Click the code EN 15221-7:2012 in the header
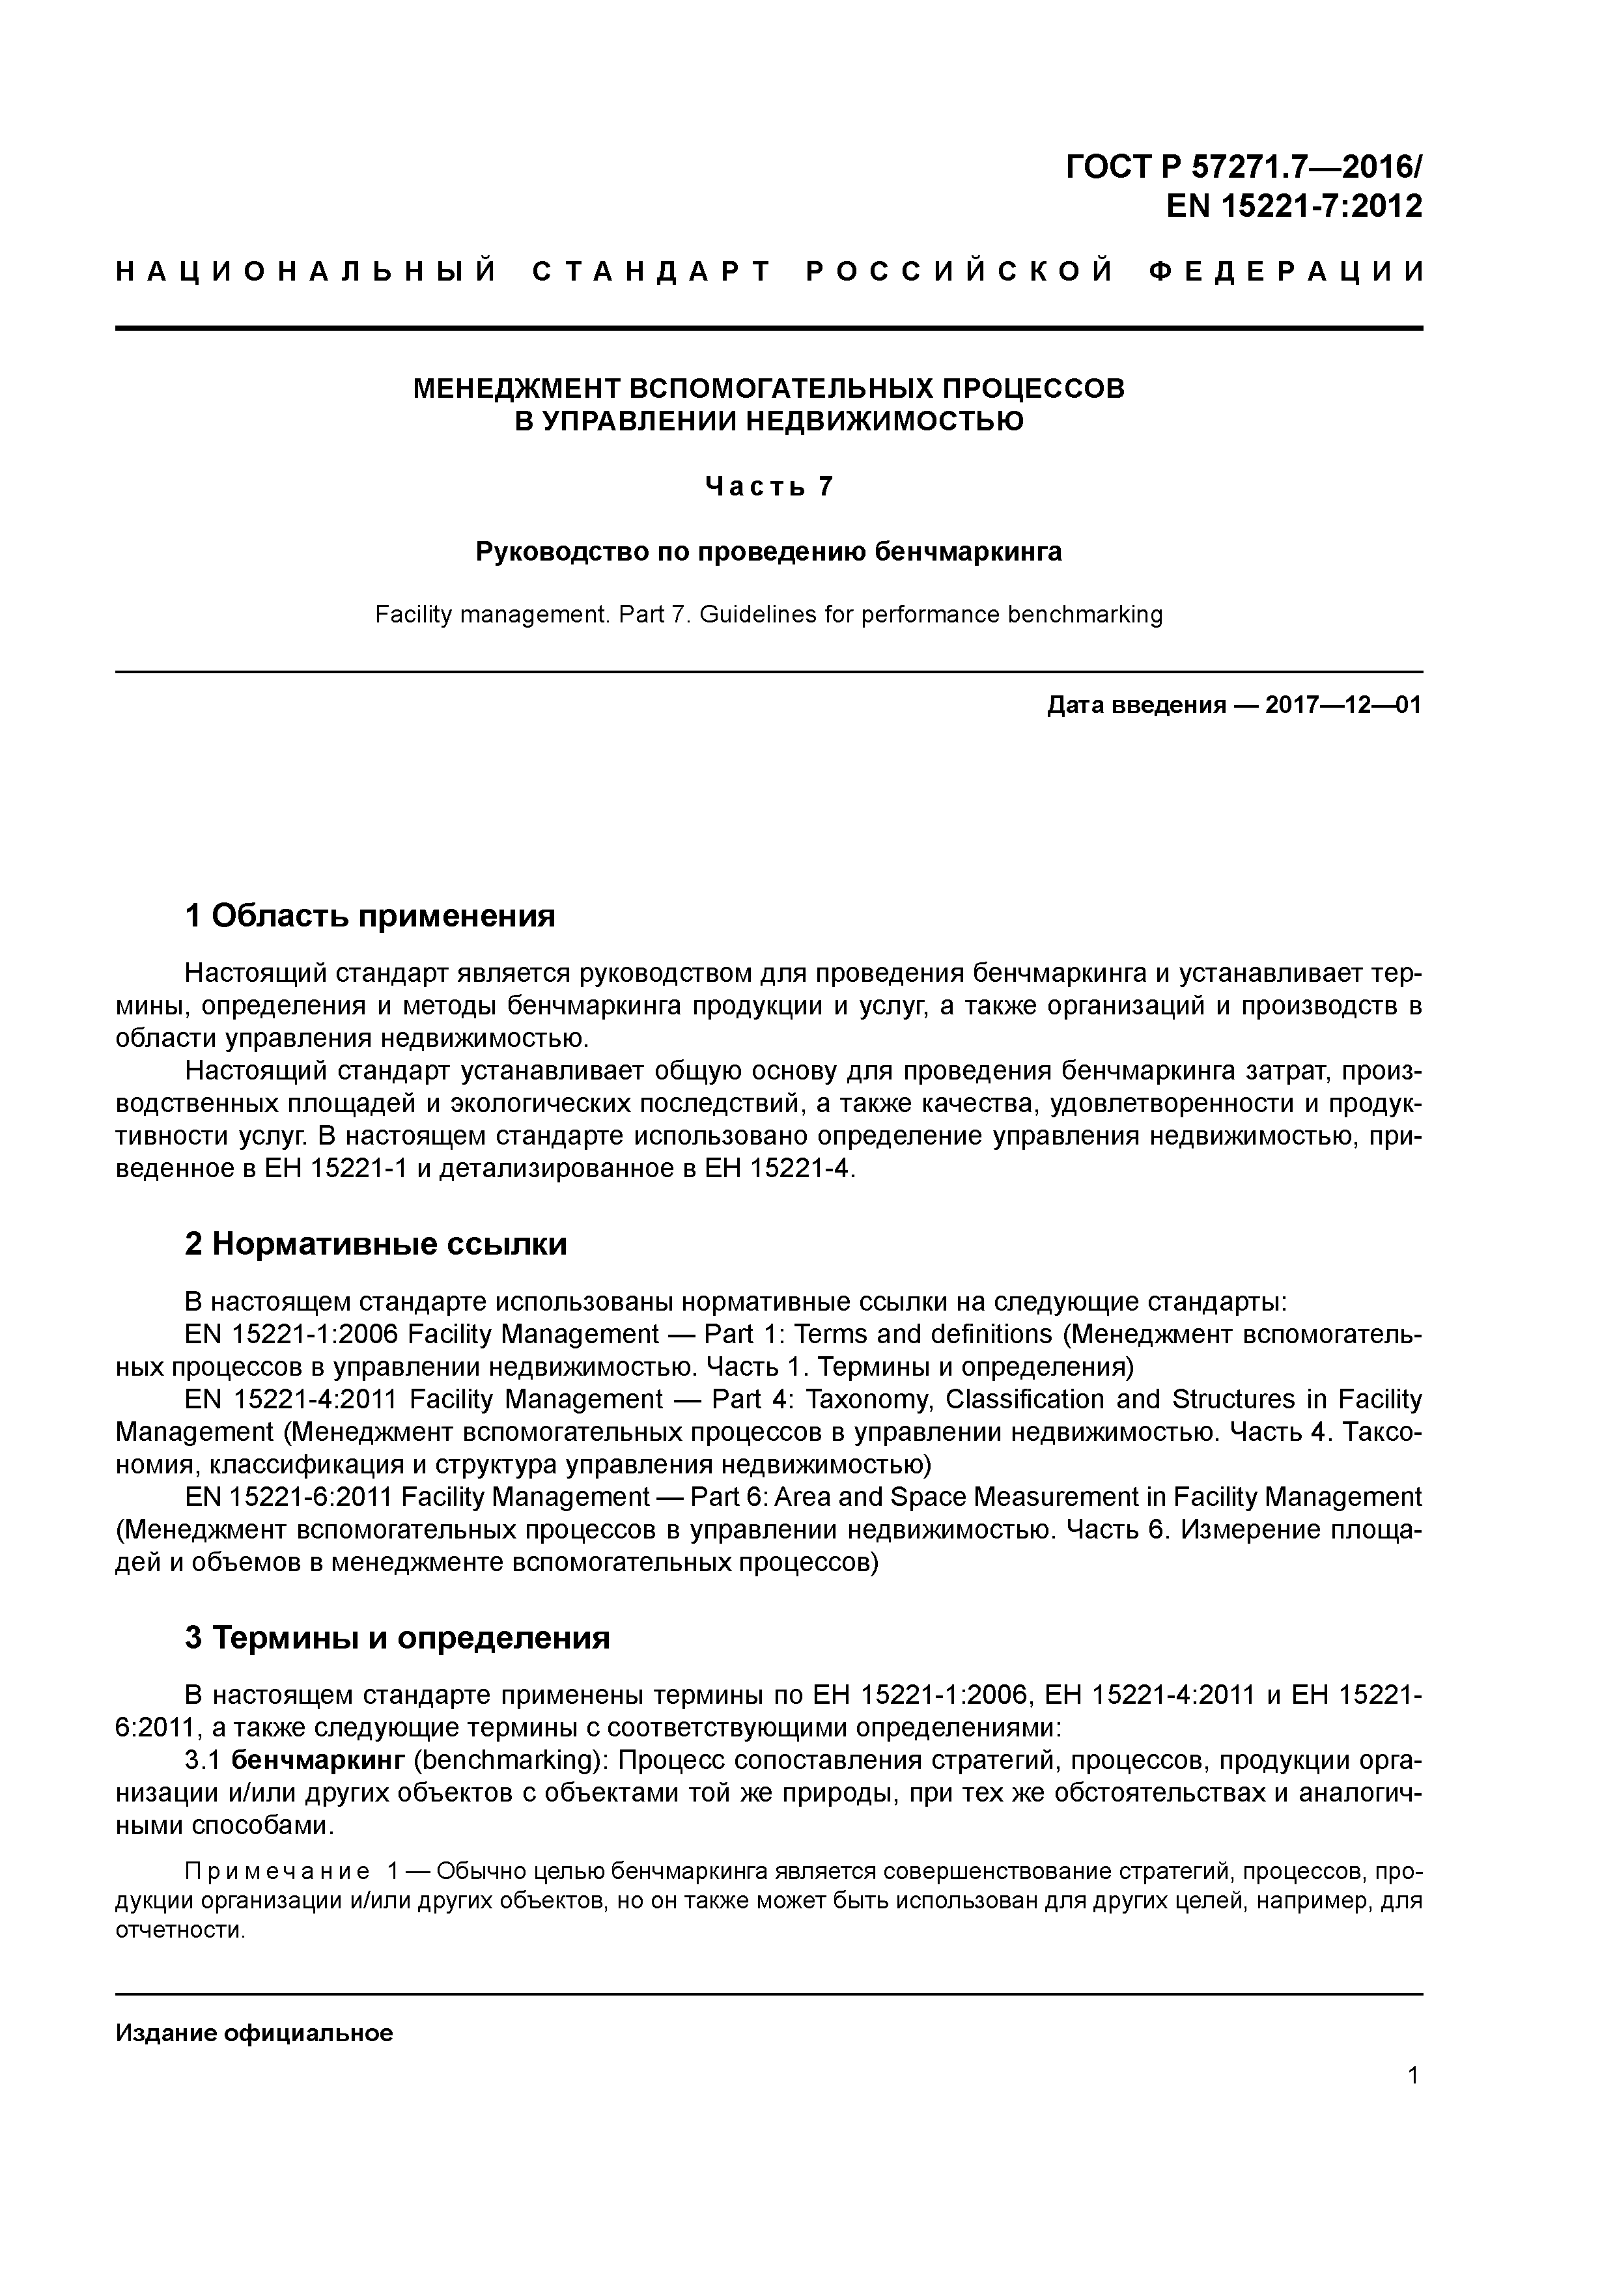(1293, 206)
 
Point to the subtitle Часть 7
(768, 486)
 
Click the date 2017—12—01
(1343, 705)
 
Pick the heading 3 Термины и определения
(397, 1637)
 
